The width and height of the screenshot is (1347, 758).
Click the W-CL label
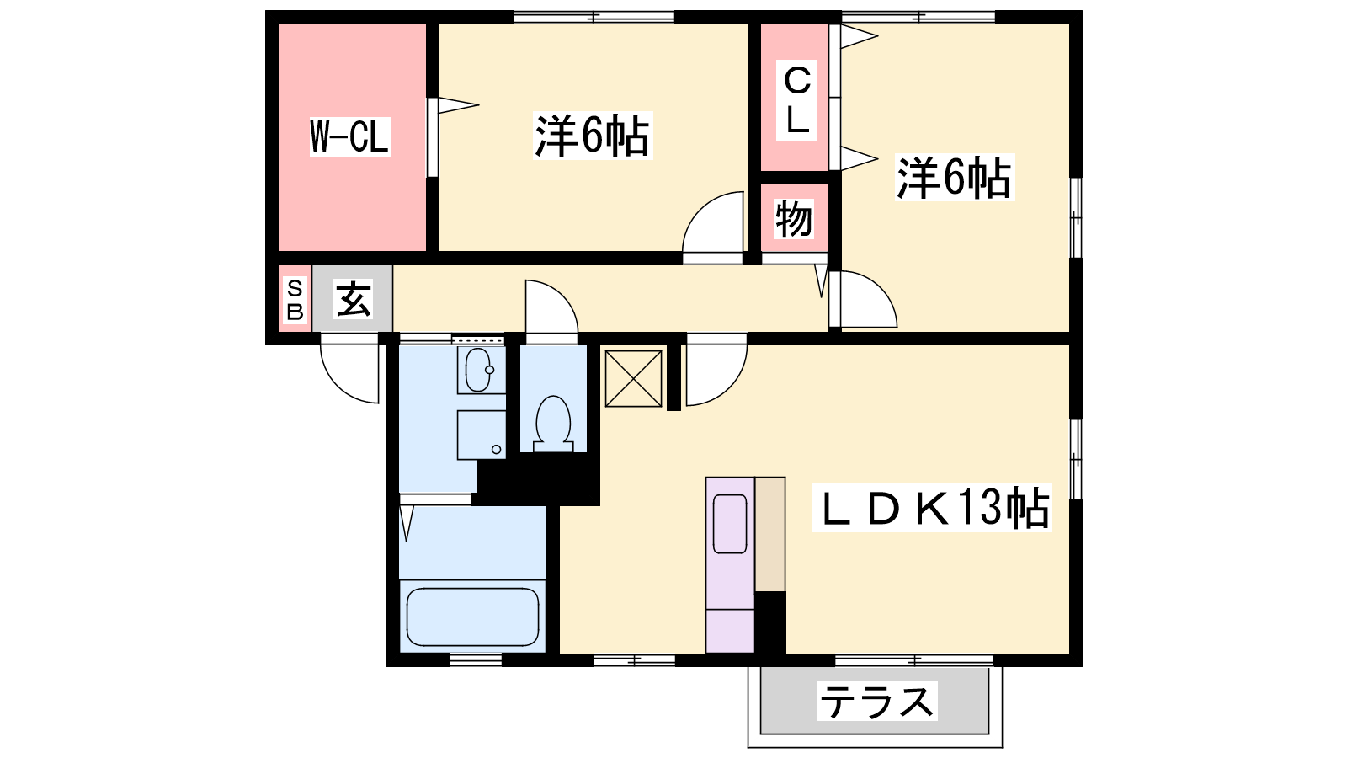point(349,137)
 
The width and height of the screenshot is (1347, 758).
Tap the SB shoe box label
point(295,300)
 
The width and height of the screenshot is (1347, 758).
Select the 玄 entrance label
point(353,298)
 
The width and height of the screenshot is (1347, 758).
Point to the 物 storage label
point(794,219)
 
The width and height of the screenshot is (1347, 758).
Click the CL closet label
point(796,100)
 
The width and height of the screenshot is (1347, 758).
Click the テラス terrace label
point(877,702)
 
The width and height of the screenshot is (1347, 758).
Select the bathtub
point(472,616)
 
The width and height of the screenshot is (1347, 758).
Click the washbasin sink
point(479,370)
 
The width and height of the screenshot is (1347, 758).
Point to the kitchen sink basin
point(730,524)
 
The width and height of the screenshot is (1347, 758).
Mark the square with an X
point(633,379)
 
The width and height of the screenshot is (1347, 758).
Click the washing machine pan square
point(481,435)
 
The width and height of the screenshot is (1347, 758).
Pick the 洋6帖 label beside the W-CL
point(593,136)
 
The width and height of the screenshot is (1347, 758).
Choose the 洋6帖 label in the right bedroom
point(955,178)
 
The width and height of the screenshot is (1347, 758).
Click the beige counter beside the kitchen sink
point(770,534)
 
